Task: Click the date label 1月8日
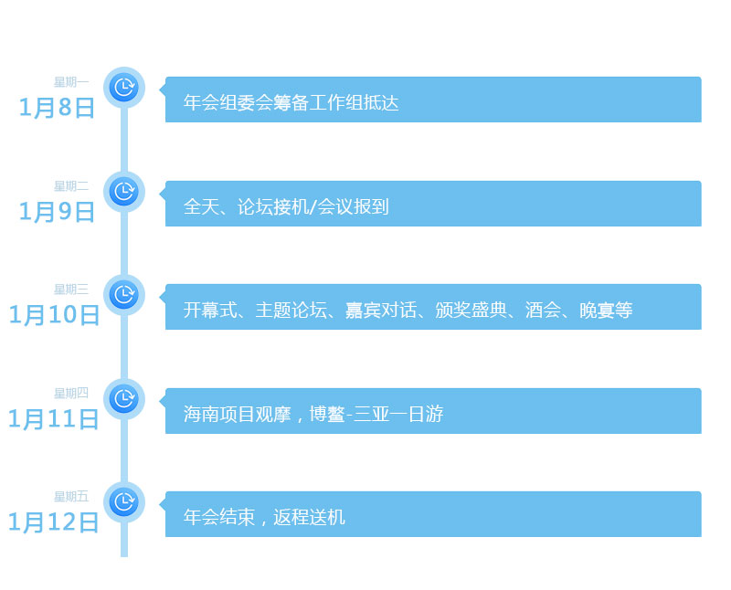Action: [x=57, y=108]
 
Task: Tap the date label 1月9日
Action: [x=57, y=212]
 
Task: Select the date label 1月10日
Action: [x=53, y=315]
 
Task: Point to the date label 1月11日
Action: [x=53, y=419]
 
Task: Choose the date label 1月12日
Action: [x=53, y=522]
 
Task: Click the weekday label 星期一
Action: [x=71, y=82]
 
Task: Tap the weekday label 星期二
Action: [x=71, y=186]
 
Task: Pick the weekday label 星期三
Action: [x=71, y=290]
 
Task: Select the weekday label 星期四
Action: [x=71, y=394]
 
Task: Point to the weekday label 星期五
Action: [x=71, y=497]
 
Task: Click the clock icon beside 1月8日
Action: [x=123, y=88]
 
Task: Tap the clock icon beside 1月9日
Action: [x=123, y=192]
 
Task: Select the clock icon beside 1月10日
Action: [x=123, y=295]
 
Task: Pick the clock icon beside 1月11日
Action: [x=123, y=399]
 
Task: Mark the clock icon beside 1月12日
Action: [x=123, y=502]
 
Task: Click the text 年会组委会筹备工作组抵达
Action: [x=291, y=103]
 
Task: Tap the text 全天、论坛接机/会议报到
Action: [x=286, y=207]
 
